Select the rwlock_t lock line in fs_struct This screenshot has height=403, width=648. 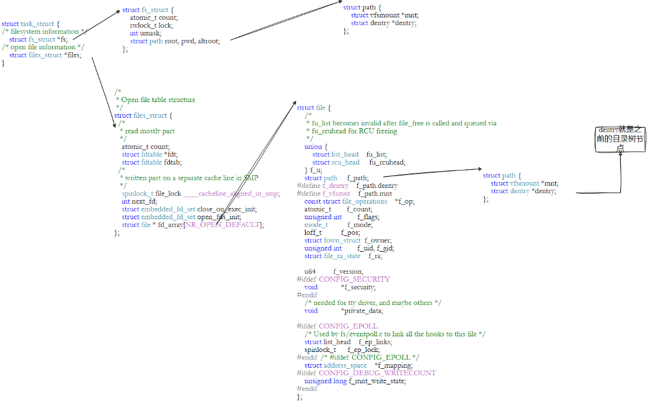tap(151, 26)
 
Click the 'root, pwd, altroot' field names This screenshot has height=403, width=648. tap(197, 41)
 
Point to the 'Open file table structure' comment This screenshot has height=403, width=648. tap(158, 100)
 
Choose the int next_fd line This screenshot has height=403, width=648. tap(139, 201)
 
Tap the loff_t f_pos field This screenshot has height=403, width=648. tap(331, 233)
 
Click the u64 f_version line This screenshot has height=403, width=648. tap(334, 271)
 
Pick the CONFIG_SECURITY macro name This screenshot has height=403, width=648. tap(354, 279)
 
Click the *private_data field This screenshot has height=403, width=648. tap(361, 311)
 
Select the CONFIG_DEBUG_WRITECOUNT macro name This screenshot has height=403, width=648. tap(377, 373)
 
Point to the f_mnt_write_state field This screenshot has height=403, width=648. tap(377, 381)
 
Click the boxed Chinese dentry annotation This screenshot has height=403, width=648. tap(620, 139)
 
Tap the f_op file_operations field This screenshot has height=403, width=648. tap(404, 201)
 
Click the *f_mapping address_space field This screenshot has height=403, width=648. tap(394, 365)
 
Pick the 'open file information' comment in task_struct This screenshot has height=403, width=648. tap(44, 48)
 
